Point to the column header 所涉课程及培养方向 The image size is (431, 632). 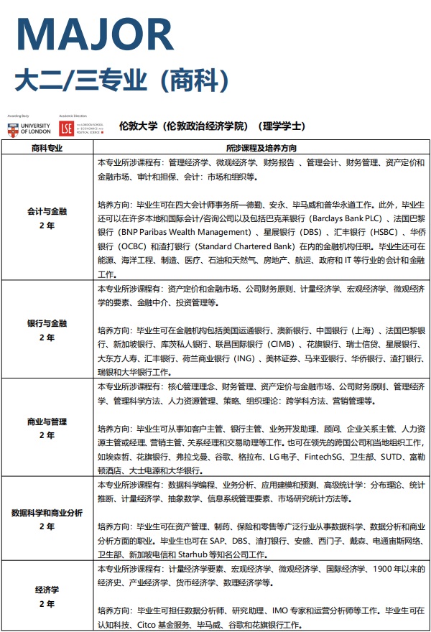[x=261, y=147]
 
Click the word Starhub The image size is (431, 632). [x=206, y=554]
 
